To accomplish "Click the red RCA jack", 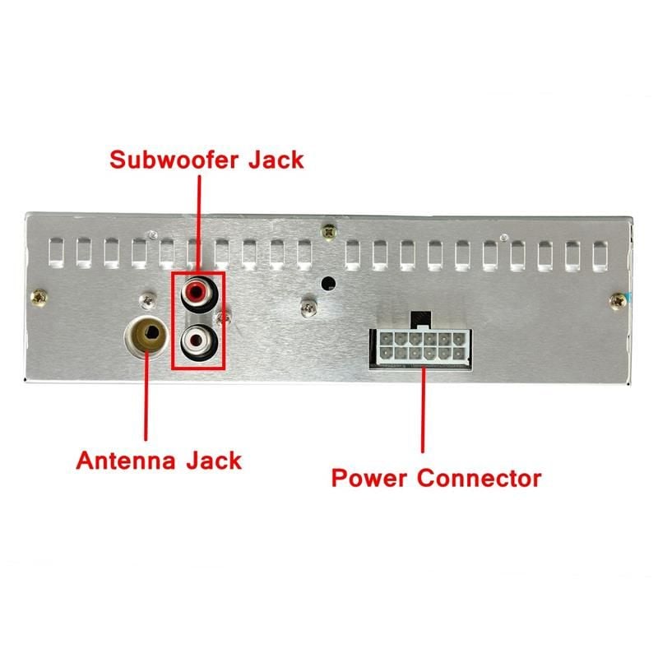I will click(x=197, y=292).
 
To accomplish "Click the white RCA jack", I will click(x=197, y=338).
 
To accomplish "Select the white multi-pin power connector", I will click(x=423, y=345).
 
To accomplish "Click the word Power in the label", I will click(x=369, y=477).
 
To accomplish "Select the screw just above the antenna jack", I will click(x=149, y=299).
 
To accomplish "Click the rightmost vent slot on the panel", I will click(x=600, y=255).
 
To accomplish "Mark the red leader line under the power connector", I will click(x=423, y=411).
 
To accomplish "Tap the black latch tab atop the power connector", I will click(x=423, y=317).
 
